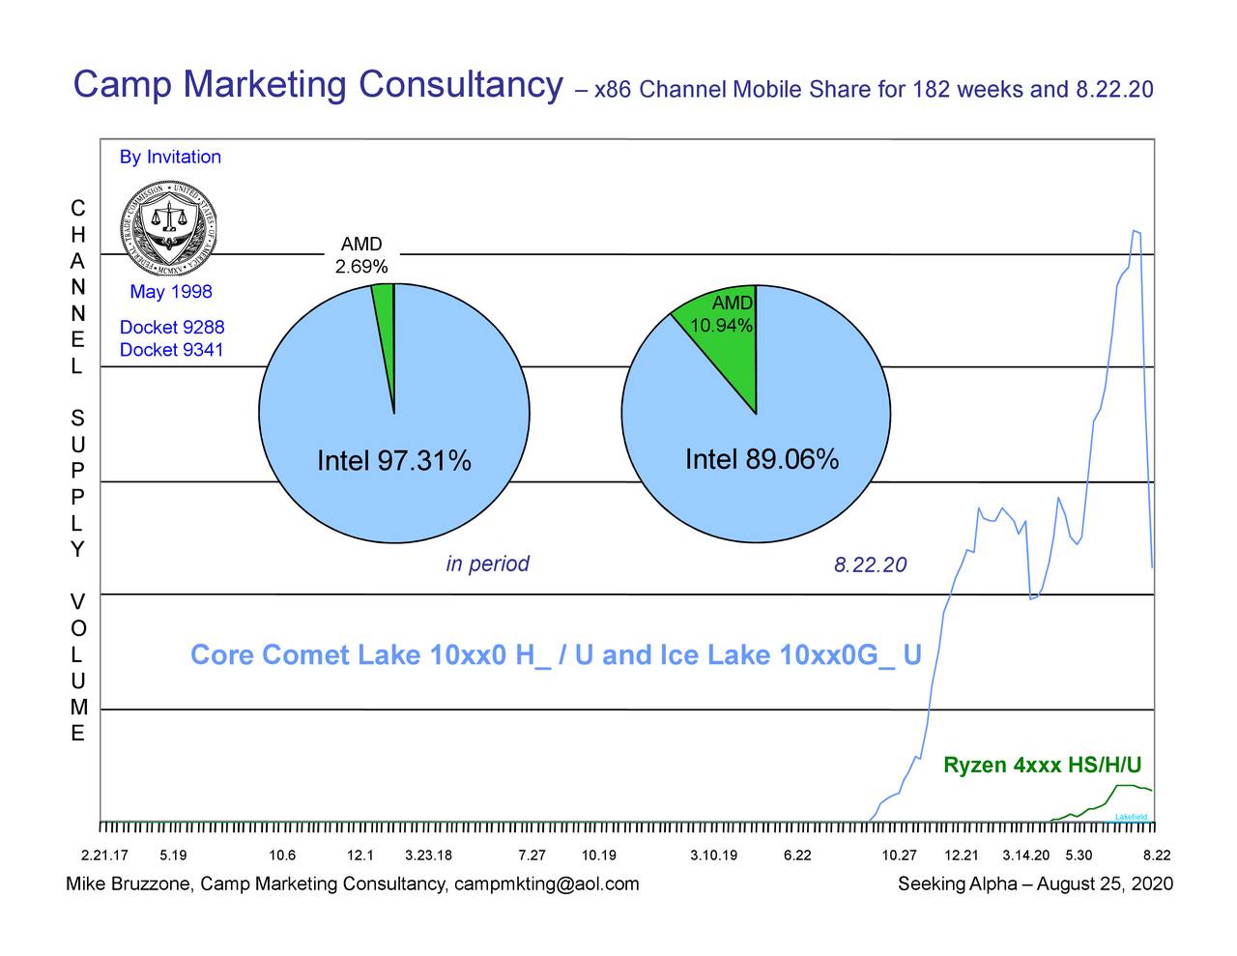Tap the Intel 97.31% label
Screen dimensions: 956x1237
click(x=393, y=462)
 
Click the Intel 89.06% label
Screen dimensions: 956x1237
click(x=761, y=459)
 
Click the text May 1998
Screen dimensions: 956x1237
click(x=170, y=292)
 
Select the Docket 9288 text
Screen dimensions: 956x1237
click(x=171, y=328)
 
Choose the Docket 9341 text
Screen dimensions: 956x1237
click(x=171, y=350)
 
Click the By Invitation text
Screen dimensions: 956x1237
click(x=170, y=157)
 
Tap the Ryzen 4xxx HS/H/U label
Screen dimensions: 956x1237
click(x=1042, y=767)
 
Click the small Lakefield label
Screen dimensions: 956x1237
click(x=1131, y=818)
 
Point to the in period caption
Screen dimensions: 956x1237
click(x=487, y=565)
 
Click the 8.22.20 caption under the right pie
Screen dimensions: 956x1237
click(x=870, y=565)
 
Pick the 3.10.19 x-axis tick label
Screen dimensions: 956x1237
click(x=713, y=855)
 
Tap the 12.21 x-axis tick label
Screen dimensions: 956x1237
click(x=961, y=855)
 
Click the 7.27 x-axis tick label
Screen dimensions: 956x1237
click(x=532, y=855)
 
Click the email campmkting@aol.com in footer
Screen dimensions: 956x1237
click(x=546, y=884)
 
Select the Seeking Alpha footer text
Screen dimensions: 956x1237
click(x=957, y=884)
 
